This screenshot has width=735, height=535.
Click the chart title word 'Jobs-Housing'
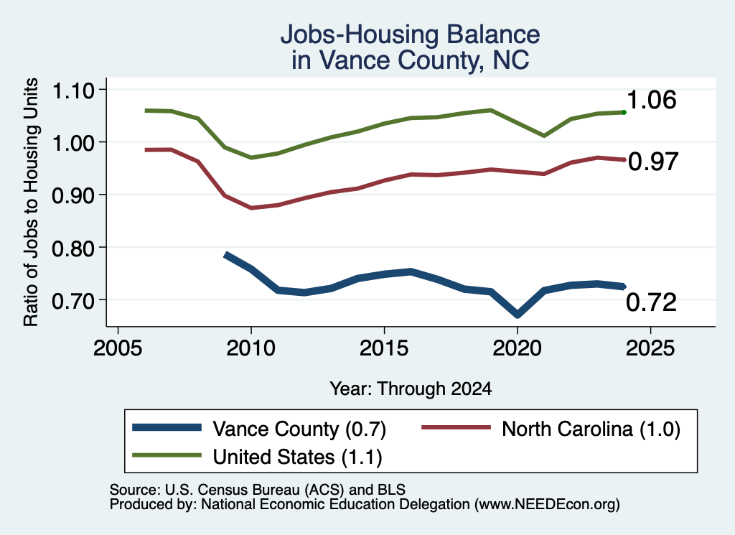point(360,35)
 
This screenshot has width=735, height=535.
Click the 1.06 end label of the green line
point(651,100)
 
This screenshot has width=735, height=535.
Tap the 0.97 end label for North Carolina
point(653,162)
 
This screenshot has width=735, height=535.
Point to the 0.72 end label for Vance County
point(651,302)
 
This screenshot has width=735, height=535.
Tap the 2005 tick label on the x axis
point(118,348)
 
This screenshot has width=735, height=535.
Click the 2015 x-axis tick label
point(384,348)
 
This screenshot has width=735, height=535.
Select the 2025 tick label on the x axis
point(650,348)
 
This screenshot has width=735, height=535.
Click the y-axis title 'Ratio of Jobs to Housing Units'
point(31,202)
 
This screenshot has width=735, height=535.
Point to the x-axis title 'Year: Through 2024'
point(411,389)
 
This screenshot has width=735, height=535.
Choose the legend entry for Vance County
point(259,429)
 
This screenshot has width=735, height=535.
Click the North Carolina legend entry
point(551,429)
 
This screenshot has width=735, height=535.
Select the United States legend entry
point(258,457)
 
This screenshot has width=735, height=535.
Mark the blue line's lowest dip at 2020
point(517,314)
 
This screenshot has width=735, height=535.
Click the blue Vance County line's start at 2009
point(226,255)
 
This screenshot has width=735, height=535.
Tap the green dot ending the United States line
point(624,112)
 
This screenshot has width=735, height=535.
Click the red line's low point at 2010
point(251,208)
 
